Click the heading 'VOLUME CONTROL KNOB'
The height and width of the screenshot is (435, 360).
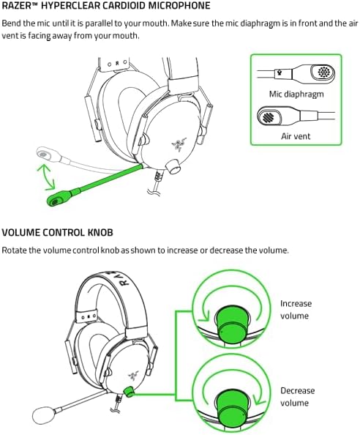point(56,233)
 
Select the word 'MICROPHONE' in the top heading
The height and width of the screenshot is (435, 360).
point(173,6)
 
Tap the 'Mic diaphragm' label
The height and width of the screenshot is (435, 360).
point(296,94)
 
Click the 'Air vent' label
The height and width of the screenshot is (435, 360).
point(296,136)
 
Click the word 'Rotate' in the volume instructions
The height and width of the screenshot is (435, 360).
point(15,250)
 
